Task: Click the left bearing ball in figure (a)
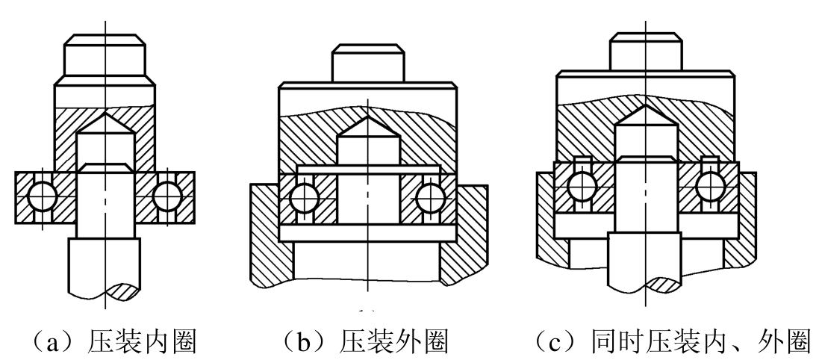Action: coord(42,197)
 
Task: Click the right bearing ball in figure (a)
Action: coord(168,197)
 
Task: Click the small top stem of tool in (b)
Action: coord(369,63)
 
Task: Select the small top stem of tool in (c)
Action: coord(646,52)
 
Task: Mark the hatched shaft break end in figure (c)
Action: coord(662,285)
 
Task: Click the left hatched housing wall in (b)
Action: coord(272,235)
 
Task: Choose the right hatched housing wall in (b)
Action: coord(464,235)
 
